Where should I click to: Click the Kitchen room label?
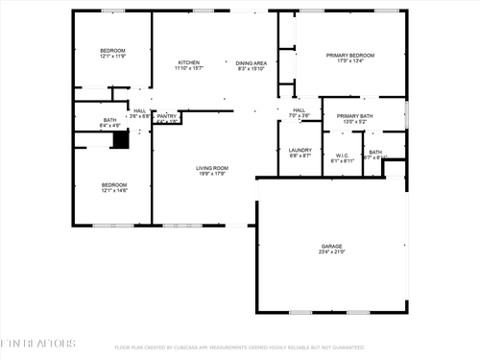coord(187,61)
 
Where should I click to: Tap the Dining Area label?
coord(252,61)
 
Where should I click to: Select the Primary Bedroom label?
coord(349,56)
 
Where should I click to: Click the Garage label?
coord(331,246)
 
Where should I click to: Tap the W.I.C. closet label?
coord(343,156)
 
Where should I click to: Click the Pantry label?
coord(167,116)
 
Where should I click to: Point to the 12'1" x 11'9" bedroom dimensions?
coord(113,57)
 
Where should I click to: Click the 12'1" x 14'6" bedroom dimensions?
coord(113,191)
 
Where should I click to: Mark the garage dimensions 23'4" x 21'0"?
coord(331,252)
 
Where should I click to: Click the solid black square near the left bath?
coord(120,139)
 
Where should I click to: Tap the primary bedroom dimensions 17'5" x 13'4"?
coord(349,62)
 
